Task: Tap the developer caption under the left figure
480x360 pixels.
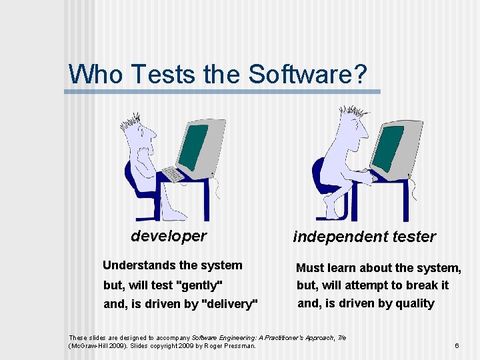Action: pos(169,236)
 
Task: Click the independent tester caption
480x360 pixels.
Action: pos(365,237)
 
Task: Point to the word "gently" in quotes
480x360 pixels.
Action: pos(199,285)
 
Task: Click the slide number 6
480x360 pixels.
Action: pos(457,345)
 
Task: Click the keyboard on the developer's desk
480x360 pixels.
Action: pos(173,174)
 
